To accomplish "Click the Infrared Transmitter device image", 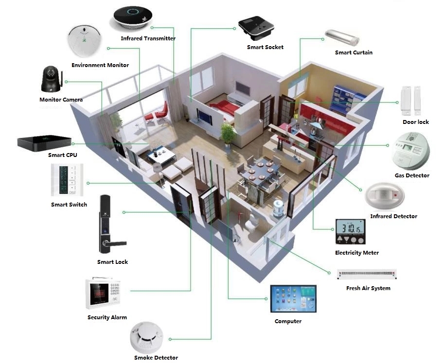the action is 133,17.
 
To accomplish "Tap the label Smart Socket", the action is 265,47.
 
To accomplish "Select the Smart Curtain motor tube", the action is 342,38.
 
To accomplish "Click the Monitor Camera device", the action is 51,79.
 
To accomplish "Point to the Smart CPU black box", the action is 44,143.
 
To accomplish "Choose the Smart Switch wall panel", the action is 67,180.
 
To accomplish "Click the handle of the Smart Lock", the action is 115,243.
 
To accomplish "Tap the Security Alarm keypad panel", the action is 103,294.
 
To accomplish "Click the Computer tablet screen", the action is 293,299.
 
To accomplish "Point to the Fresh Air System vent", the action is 367,274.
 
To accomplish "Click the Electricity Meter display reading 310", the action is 351,228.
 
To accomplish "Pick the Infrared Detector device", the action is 385,195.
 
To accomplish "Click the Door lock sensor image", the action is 410,101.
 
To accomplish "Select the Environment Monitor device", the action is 85,41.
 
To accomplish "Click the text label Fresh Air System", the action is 368,288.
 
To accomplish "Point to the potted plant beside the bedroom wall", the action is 228,134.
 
